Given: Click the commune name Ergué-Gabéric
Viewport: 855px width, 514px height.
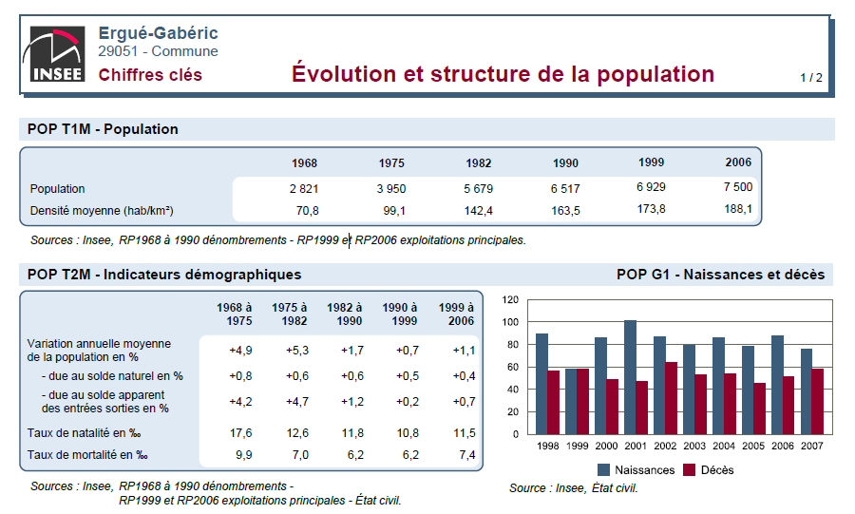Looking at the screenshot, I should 158,33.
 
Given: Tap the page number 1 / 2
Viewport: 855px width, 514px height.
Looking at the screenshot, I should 810,77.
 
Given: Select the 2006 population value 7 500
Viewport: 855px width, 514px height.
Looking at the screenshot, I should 737,187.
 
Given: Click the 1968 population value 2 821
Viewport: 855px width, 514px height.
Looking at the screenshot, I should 304,189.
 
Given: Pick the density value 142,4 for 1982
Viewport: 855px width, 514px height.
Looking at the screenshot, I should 478,210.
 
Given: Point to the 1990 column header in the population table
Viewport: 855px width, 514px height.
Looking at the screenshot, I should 565,162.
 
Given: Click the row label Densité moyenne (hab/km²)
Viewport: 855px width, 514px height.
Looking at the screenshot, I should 102,210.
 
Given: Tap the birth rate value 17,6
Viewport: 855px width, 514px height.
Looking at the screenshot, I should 240,432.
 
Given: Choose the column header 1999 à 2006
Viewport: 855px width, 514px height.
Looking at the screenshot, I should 456,314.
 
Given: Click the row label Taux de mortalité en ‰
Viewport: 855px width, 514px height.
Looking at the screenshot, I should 87,455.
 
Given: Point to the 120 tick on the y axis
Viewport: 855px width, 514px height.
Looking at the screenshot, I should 510,299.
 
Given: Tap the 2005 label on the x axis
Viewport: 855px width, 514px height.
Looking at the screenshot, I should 753,446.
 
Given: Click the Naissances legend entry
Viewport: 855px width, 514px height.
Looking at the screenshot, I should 636,469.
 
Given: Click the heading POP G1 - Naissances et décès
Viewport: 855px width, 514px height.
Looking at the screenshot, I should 720,275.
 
